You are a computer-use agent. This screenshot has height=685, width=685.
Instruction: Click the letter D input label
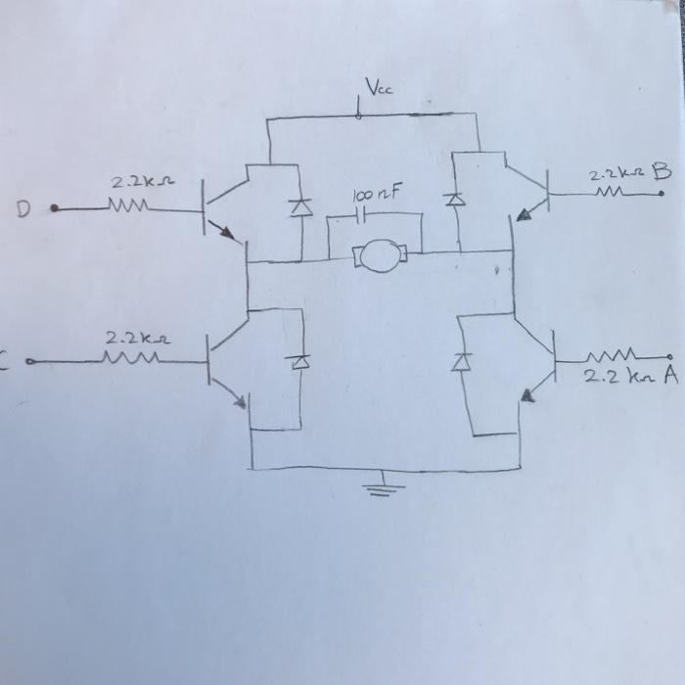coord(22,208)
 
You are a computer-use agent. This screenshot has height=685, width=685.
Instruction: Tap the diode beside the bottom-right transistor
coord(457,362)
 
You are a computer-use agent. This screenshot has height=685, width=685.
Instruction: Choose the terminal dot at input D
coord(55,208)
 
